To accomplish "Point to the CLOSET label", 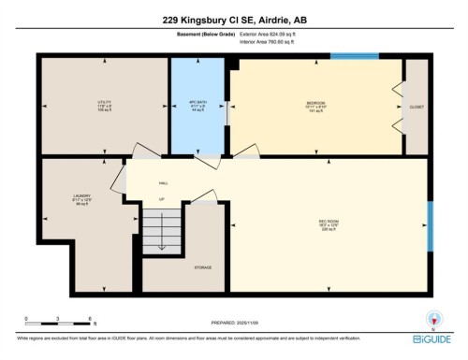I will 416,107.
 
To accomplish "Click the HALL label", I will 163,183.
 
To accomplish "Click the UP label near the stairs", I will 160,199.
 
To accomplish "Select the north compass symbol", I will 432,318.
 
